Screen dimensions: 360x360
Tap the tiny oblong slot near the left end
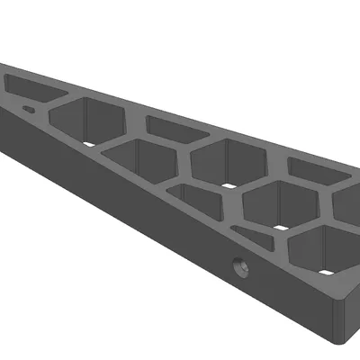tap(30, 110)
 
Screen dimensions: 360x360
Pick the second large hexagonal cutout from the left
tap(220, 162)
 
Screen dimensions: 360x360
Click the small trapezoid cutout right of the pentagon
tap(200, 200)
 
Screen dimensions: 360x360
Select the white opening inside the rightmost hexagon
tap(324, 269)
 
